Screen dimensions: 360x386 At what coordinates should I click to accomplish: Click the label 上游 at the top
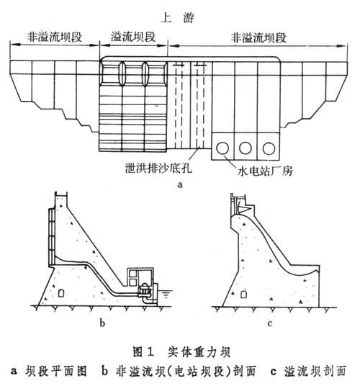point(178,18)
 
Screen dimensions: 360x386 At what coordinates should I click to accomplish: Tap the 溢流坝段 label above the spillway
point(133,37)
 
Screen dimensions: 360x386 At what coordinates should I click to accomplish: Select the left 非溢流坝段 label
point(55,37)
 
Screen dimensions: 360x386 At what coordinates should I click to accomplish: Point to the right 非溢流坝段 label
point(258,37)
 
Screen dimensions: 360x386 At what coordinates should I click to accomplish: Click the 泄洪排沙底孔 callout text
point(158,168)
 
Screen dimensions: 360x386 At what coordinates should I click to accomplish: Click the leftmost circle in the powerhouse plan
point(222,148)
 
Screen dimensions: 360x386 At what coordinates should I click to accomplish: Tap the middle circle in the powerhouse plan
point(246,148)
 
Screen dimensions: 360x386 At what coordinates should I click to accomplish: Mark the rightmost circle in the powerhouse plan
point(269,148)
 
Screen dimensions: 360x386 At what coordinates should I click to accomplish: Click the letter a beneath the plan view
point(181,184)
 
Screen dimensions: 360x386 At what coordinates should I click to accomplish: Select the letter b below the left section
point(102,323)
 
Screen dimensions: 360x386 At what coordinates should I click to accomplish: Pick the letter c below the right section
point(270,323)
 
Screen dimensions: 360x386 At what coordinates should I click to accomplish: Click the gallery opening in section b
point(61,293)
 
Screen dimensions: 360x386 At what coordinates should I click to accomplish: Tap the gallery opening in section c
point(243,294)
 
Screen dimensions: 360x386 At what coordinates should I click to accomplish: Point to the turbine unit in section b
point(145,291)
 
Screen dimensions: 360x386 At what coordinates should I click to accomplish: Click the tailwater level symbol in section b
point(166,294)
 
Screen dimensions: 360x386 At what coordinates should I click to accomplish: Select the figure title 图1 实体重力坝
point(181,352)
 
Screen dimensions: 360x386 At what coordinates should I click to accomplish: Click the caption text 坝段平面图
point(56,372)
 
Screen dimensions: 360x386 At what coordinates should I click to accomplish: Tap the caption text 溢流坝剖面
point(315,372)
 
